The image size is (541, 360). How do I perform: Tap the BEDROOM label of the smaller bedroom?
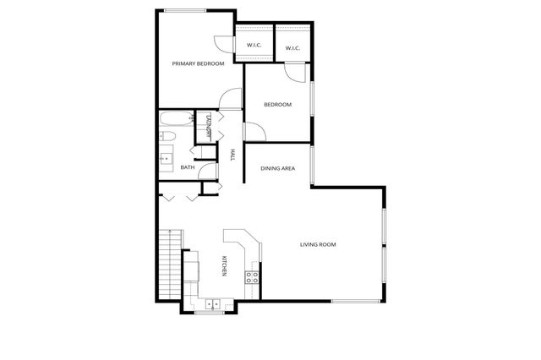pyautogui.click(x=277, y=105)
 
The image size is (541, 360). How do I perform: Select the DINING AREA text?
pyautogui.click(x=277, y=169)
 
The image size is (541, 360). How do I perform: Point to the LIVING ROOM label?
pyautogui.click(x=318, y=245)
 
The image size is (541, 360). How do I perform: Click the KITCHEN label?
pyautogui.click(x=224, y=265)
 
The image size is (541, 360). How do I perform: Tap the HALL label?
pyautogui.click(x=232, y=154)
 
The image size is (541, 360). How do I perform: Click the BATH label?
pyautogui.click(x=188, y=167)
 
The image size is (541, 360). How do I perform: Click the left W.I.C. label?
pyautogui.click(x=254, y=46)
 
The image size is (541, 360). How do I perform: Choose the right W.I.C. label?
pyautogui.click(x=292, y=48)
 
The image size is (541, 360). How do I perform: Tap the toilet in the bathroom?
pyautogui.click(x=166, y=135)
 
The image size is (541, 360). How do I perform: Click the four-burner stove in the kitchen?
pyautogui.click(x=251, y=275)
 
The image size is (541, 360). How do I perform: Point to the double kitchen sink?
pyautogui.click(x=209, y=302)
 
